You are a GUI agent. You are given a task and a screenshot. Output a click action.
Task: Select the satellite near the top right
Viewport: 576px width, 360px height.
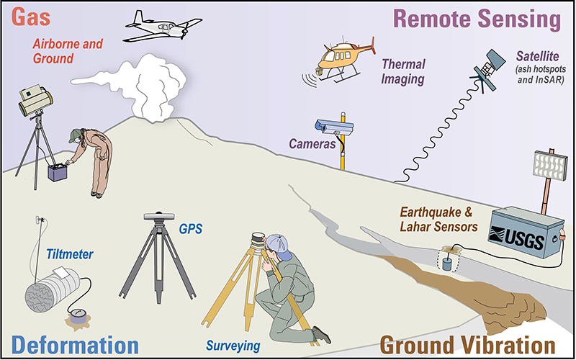click(x=489, y=69)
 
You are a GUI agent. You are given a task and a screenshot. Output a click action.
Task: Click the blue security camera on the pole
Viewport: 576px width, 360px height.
click(x=334, y=127)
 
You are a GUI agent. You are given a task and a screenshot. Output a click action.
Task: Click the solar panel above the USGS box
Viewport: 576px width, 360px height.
click(x=550, y=166)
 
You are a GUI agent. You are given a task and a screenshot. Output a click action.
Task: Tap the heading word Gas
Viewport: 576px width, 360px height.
click(x=31, y=17)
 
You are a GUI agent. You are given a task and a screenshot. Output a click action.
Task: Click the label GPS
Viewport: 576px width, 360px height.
click(x=190, y=229)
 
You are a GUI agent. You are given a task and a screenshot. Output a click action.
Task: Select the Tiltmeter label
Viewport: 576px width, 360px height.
click(x=70, y=254)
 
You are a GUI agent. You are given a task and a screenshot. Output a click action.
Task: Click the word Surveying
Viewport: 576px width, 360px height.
click(x=233, y=346)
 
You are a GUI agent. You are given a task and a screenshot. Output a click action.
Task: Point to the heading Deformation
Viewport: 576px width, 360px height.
click(x=75, y=346)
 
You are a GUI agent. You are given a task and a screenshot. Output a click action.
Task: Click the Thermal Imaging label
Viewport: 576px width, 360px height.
click(x=403, y=71)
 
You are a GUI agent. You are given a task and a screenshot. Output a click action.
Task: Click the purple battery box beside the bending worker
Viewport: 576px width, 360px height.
click(x=58, y=172)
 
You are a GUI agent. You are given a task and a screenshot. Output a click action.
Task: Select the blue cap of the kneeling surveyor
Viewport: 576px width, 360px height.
click(x=278, y=245)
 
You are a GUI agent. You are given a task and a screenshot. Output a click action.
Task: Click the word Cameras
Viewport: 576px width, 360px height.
click(x=312, y=143)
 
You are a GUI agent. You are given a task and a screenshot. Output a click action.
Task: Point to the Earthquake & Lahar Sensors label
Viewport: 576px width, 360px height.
click(x=438, y=220)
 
